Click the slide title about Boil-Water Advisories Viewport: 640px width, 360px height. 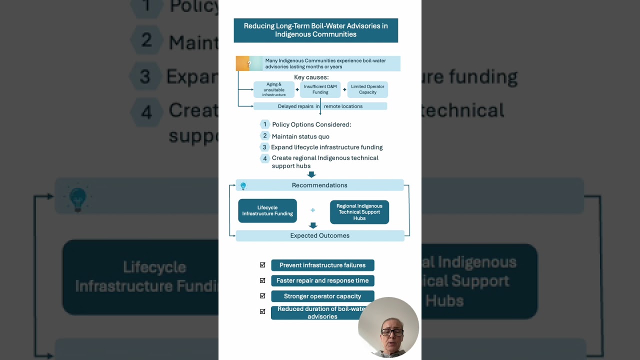[315, 30]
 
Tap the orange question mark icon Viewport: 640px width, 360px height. [248, 64]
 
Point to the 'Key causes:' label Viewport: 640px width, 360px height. [311, 77]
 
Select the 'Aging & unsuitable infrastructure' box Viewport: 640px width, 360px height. [273, 89]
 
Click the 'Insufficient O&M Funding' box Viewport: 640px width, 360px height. [320, 89]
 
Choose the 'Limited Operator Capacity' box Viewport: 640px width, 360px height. [367, 89]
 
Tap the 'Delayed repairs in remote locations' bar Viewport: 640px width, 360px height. [320, 106]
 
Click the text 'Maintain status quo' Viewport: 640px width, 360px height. [300, 136]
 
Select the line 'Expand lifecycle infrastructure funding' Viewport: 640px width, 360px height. [327, 147]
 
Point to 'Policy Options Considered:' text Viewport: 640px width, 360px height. [311, 124]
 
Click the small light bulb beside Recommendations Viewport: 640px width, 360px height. [243, 186]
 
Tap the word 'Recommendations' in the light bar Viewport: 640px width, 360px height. [319, 185]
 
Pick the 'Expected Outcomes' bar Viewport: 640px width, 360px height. [319, 235]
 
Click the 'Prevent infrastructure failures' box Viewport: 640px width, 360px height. [322, 265]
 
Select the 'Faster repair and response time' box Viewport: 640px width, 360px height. [322, 280]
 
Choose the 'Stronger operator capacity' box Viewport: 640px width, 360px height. [322, 296]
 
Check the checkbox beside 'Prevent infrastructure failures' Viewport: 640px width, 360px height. [262, 265]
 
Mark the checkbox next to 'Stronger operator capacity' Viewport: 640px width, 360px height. [262, 296]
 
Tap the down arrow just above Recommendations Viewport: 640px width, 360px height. [311, 174]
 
